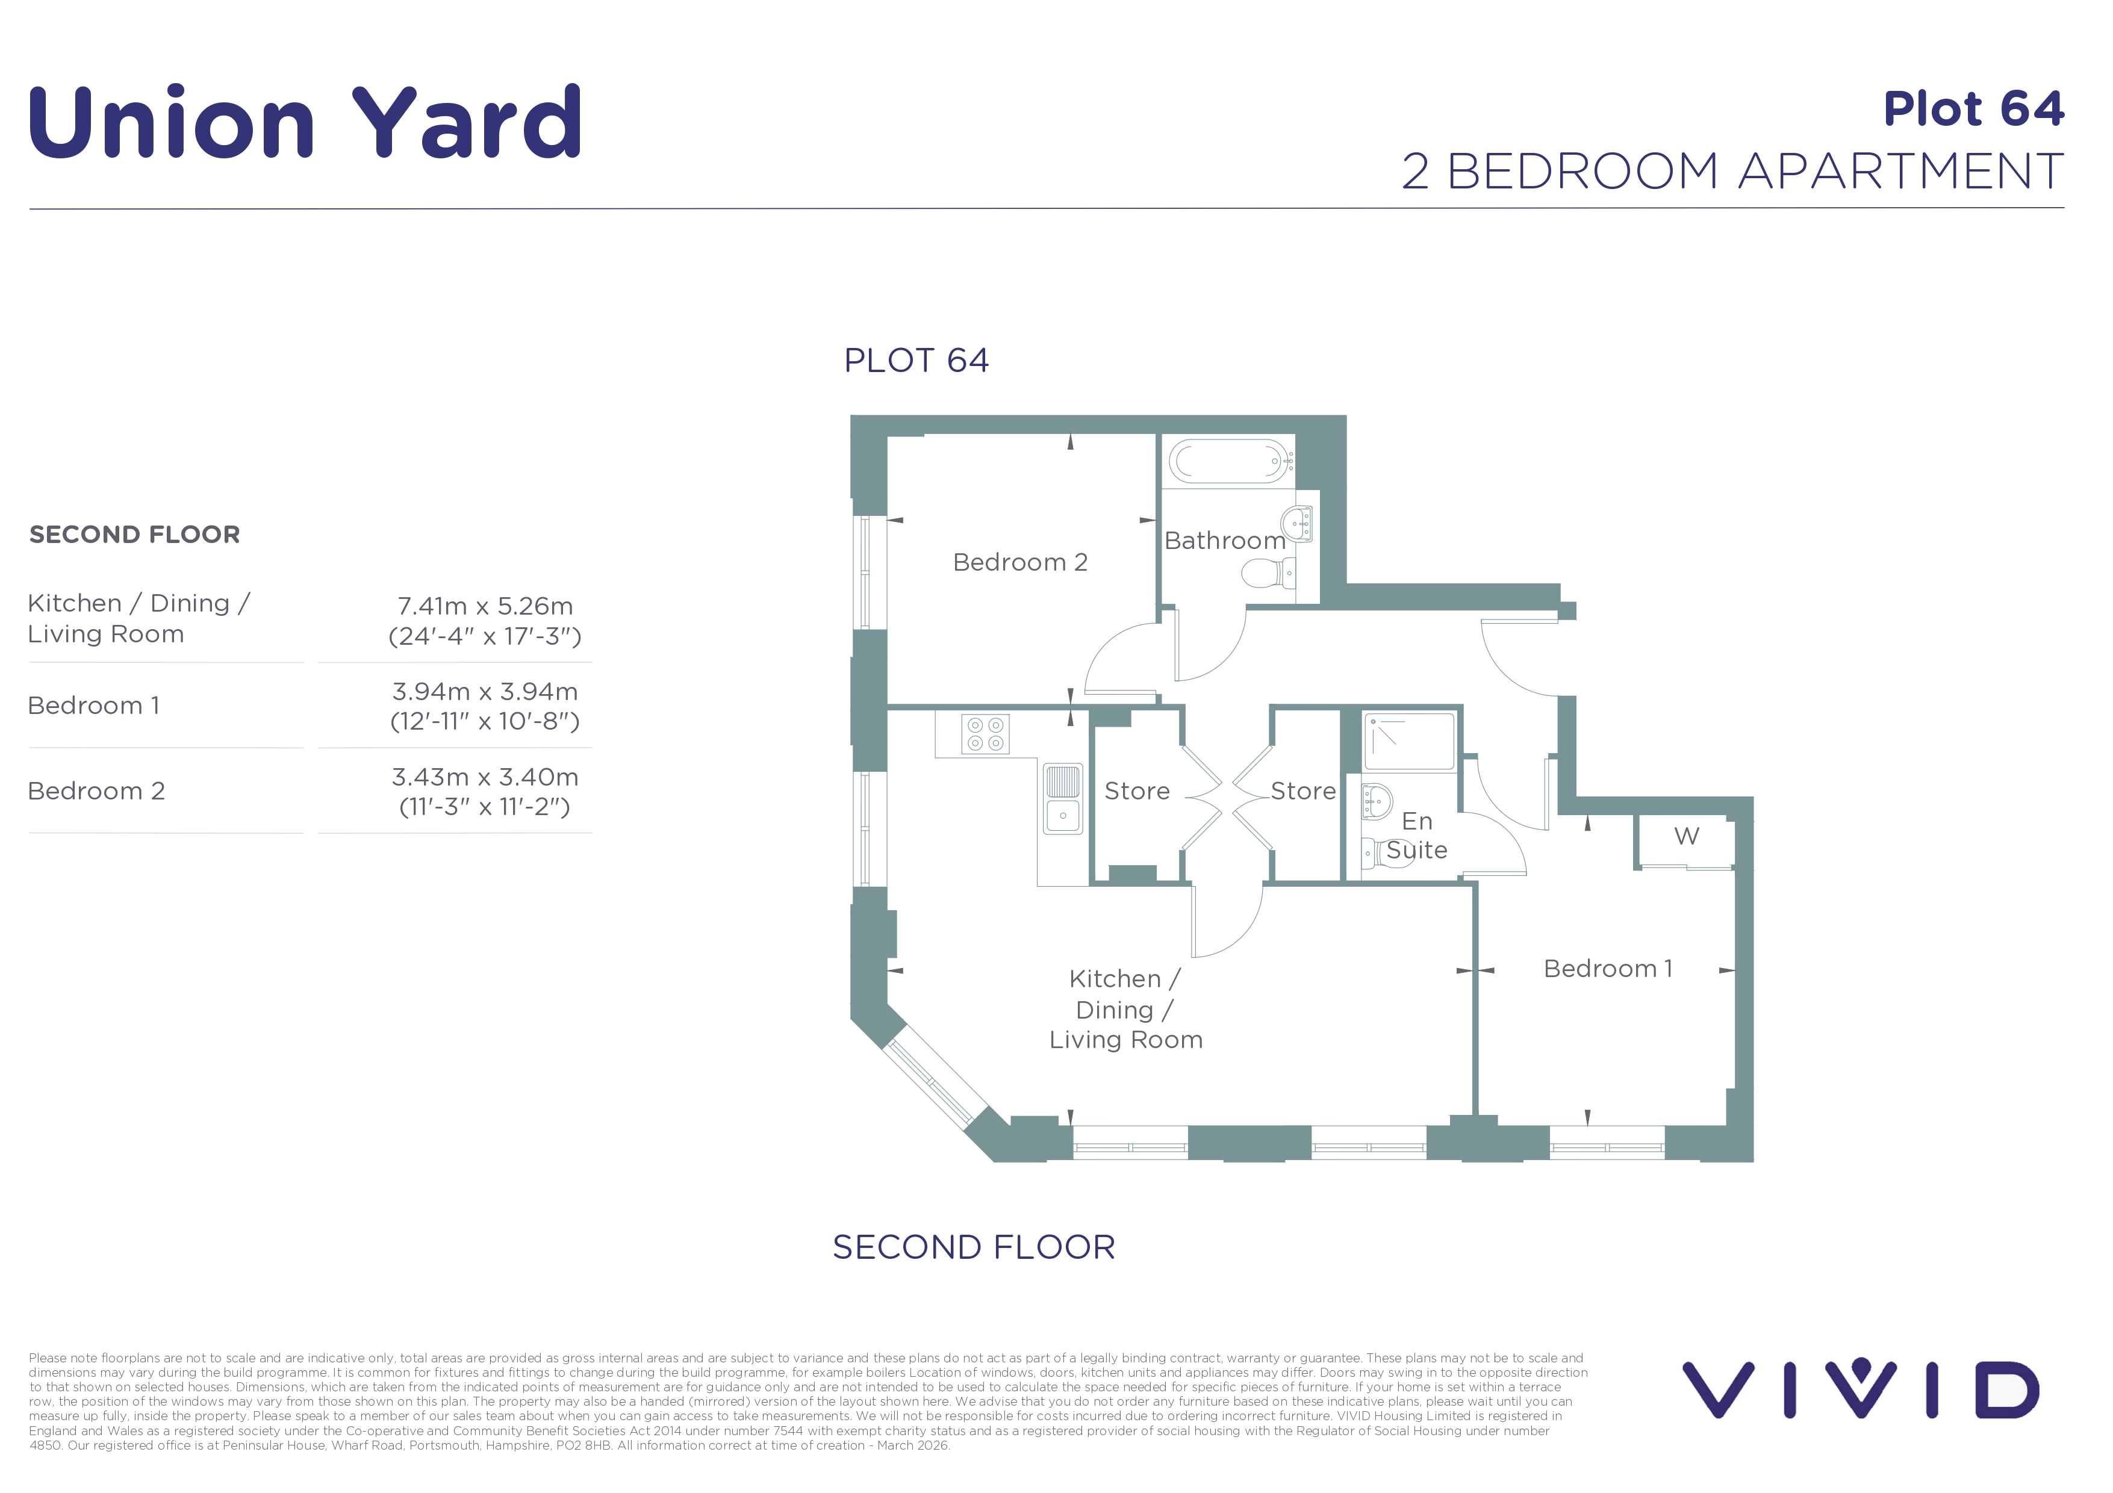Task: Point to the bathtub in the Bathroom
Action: point(1228,461)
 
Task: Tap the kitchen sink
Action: point(1063,798)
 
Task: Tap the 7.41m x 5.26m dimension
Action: point(485,606)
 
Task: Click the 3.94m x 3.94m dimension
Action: point(485,692)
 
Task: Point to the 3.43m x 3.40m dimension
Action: point(485,777)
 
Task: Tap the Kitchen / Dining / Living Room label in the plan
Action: point(1125,1009)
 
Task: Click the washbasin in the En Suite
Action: point(1377,801)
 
